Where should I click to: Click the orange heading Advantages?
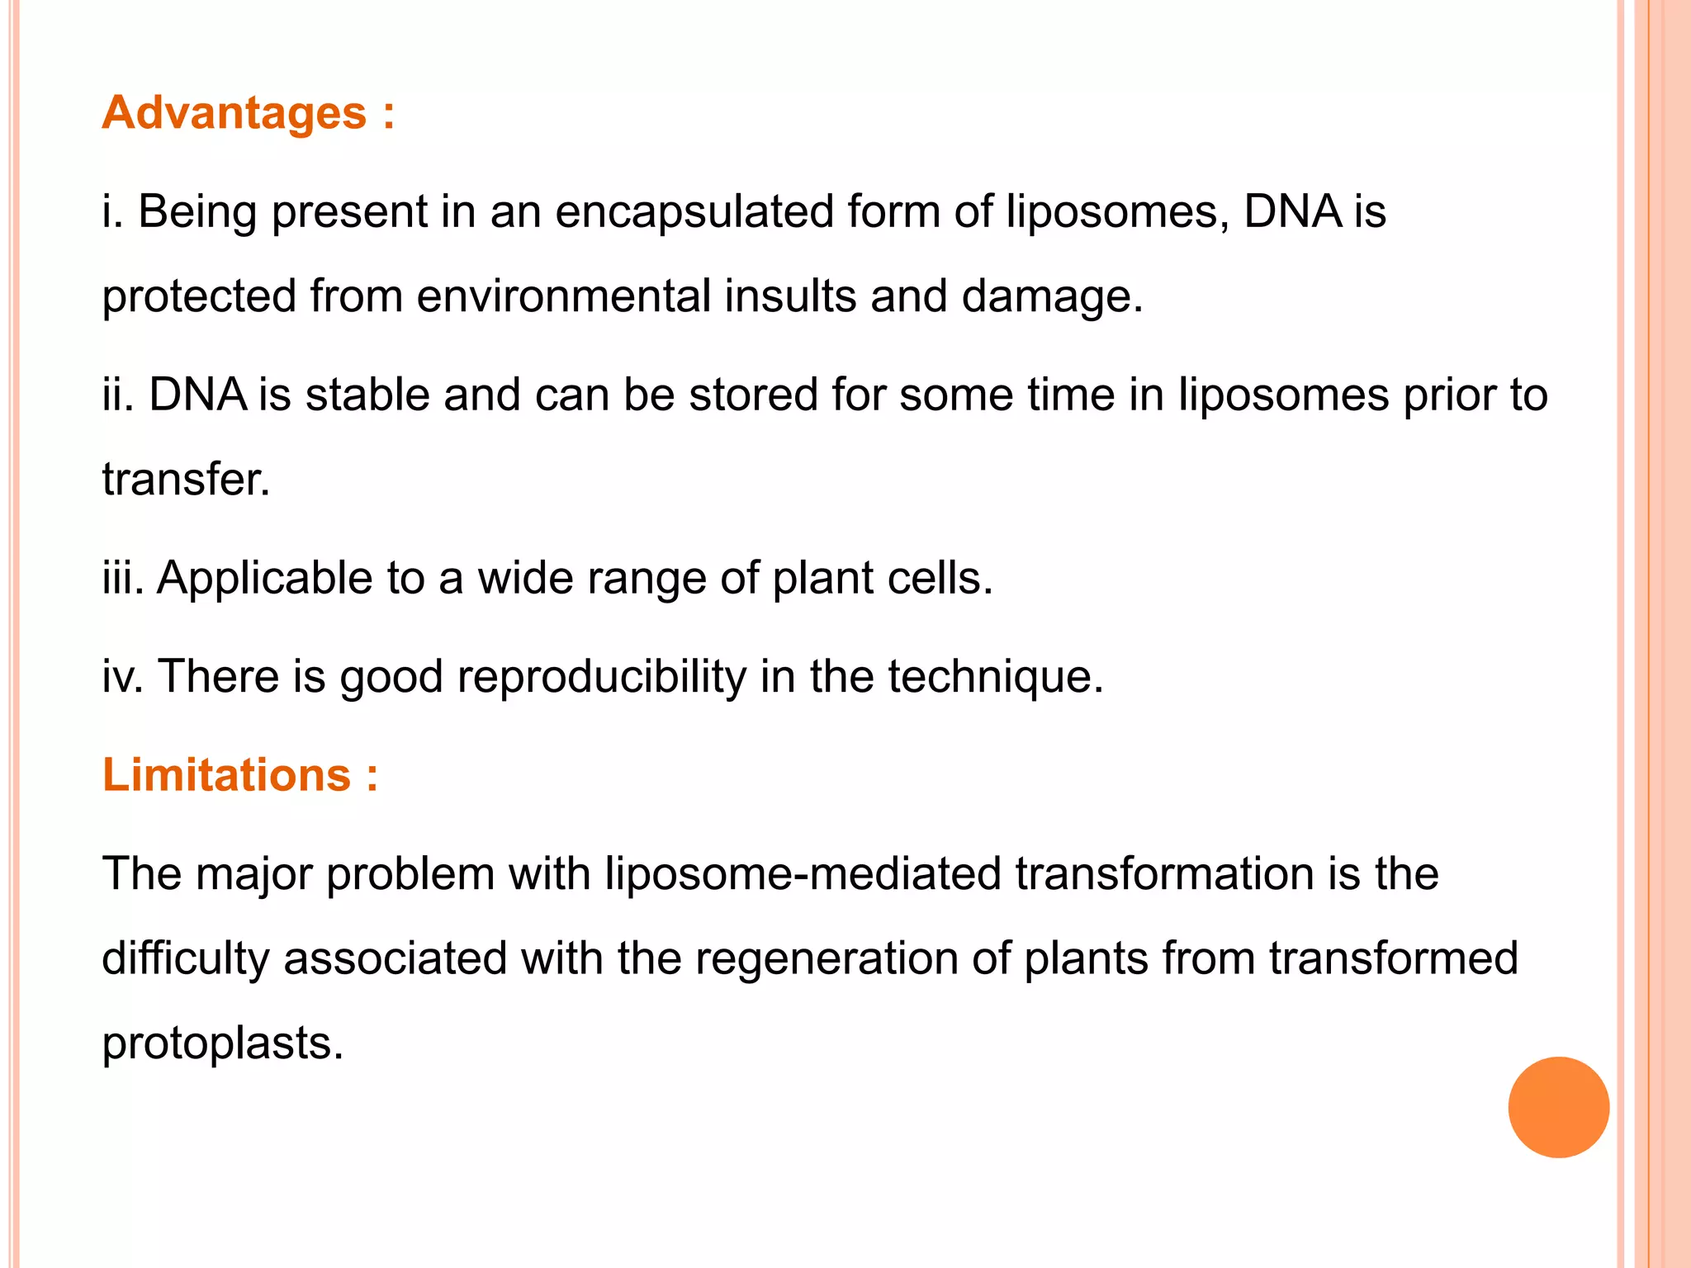[x=234, y=112]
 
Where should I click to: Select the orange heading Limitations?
[x=226, y=775]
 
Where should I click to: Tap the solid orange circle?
[x=1558, y=1107]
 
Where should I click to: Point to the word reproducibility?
[x=601, y=677]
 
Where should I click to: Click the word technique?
[x=995, y=677]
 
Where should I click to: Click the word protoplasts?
[x=222, y=1043]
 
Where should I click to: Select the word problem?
[x=410, y=874]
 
